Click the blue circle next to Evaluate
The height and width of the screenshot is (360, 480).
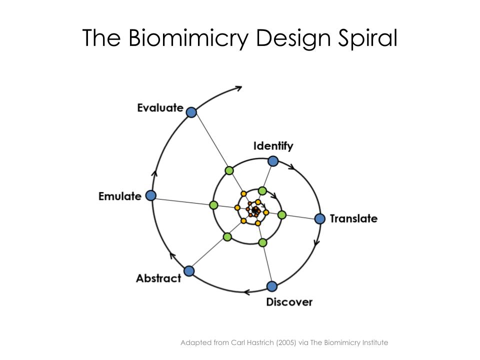[191, 112]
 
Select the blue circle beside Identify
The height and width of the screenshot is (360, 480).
[273, 161]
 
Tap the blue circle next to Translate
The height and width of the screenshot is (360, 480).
[320, 218]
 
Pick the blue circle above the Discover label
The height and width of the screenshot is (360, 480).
[271, 286]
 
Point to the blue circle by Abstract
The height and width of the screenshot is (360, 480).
[189, 271]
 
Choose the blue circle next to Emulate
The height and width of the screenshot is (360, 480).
[150, 195]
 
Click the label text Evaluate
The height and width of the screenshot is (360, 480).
[160, 107]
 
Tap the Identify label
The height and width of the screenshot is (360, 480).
[273, 146]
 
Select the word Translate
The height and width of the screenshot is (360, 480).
[353, 218]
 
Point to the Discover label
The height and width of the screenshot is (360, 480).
[289, 302]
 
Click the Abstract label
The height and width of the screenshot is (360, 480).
[158, 278]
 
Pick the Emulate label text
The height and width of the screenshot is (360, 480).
[120, 196]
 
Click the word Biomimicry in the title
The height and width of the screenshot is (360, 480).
[187, 38]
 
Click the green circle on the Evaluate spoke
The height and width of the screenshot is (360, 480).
[229, 170]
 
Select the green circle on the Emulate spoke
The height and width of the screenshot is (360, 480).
[213, 205]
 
